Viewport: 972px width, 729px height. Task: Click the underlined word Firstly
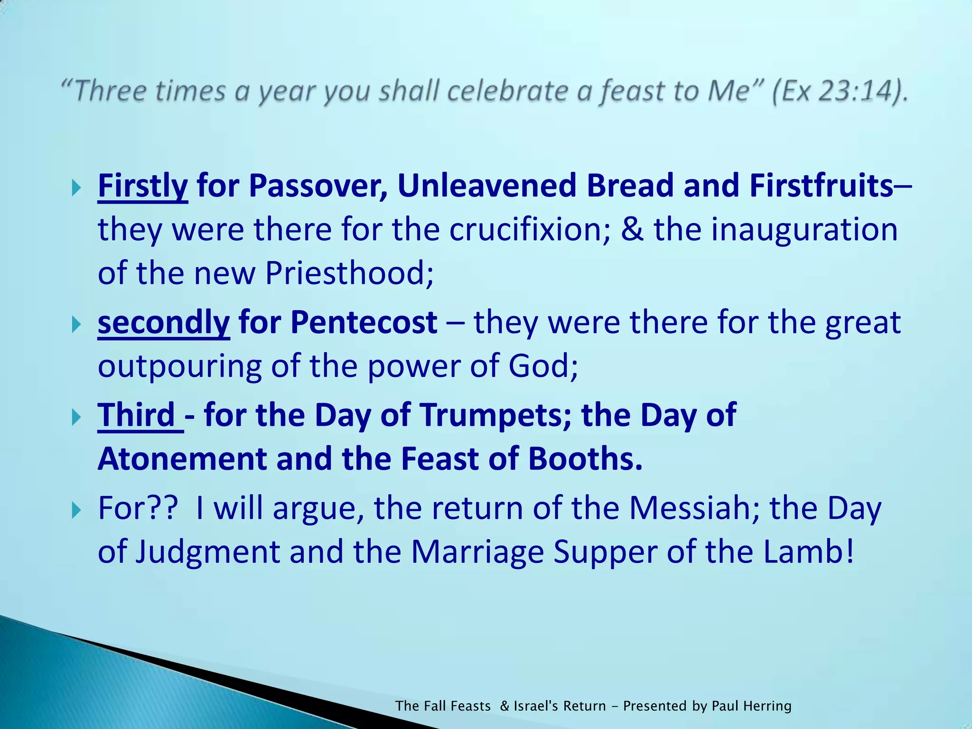tap(142, 186)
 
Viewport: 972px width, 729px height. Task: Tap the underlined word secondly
tap(163, 323)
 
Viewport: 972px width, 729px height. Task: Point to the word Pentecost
tap(364, 323)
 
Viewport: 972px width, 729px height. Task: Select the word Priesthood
tap(349, 274)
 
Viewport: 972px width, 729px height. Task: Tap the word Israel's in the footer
tap(536, 706)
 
